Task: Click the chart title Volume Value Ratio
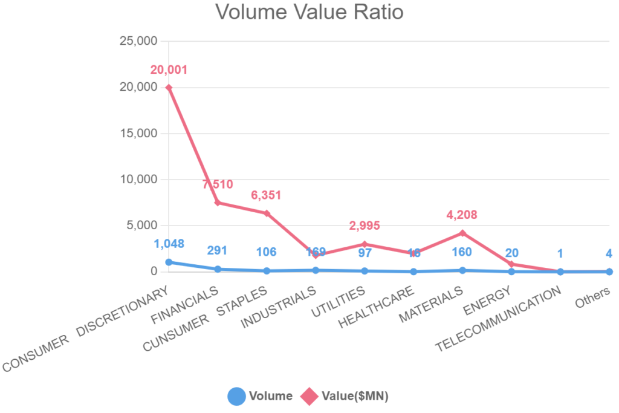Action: (x=309, y=12)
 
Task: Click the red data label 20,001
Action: (x=169, y=70)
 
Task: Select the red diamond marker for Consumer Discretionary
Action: (x=169, y=87)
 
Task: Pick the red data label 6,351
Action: (x=267, y=195)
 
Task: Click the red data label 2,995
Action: (x=365, y=226)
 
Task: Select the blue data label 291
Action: (x=218, y=250)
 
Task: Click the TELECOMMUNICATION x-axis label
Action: (x=499, y=320)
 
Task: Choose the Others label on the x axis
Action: (x=593, y=297)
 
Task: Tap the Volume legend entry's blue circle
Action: (x=236, y=396)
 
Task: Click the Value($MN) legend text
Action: (x=355, y=396)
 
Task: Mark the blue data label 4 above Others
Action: (x=609, y=253)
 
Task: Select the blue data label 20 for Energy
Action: (x=511, y=253)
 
